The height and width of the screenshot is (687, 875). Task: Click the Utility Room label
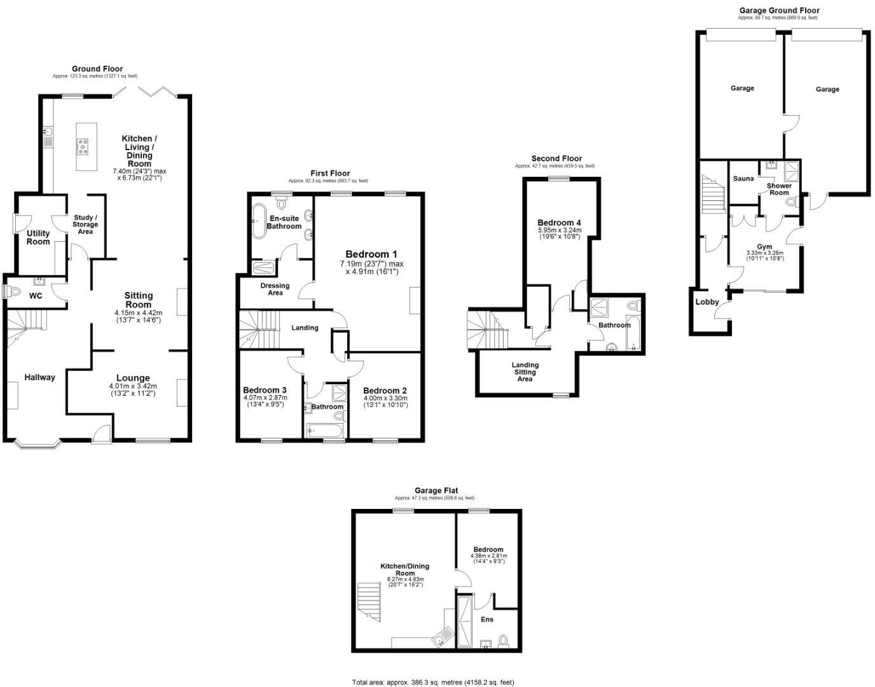pos(38,237)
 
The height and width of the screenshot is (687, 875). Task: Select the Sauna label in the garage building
pos(743,179)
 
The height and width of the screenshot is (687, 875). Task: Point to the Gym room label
pos(764,247)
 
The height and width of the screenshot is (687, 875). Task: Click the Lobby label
pos(706,302)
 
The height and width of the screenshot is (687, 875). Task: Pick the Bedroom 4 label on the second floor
pos(559,223)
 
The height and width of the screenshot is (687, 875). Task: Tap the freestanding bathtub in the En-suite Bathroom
pos(259,221)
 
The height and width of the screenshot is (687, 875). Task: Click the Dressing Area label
pos(275,289)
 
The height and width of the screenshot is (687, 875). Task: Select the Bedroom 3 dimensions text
pos(263,402)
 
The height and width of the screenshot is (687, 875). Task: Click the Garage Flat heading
pos(436,490)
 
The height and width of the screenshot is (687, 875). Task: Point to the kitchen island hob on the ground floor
pos(83,147)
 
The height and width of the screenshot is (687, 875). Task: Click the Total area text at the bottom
pos(433,682)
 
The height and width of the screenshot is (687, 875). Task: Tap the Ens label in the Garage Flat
pos(487,620)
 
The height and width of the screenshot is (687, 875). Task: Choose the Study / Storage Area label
pos(85,225)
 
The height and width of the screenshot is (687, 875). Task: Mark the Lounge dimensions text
pos(132,390)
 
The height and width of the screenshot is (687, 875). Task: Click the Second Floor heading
pos(556,158)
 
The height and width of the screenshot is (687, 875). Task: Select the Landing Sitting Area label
pos(525,372)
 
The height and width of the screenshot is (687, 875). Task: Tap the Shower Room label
pos(779,189)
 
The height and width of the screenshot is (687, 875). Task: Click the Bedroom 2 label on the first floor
pos(385,391)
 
